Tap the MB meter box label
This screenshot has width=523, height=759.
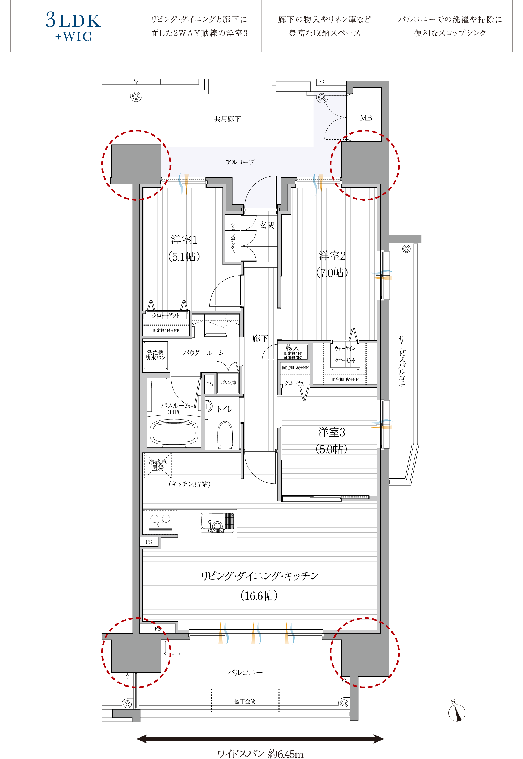pyautogui.click(x=366, y=118)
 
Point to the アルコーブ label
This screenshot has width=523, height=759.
pyautogui.click(x=240, y=162)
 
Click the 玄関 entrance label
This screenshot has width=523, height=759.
pyautogui.click(x=267, y=225)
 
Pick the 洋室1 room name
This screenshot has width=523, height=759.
pyautogui.click(x=184, y=240)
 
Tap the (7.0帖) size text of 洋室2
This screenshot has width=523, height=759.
pyautogui.click(x=332, y=272)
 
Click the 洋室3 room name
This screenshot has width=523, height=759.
pyautogui.click(x=332, y=432)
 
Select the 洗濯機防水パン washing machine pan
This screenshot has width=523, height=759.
pyautogui.click(x=155, y=355)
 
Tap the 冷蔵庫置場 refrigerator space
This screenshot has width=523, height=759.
pyautogui.click(x=158, y=465)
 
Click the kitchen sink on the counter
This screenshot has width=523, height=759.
pyautogui.click(x=218, y=522)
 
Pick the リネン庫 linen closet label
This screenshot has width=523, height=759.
pyautogui.click(x=228, y=383)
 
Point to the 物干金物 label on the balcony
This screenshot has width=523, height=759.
pyautogui.click(x=245, y=701)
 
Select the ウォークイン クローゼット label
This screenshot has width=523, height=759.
pyautogui.click(x=345, y=355)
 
